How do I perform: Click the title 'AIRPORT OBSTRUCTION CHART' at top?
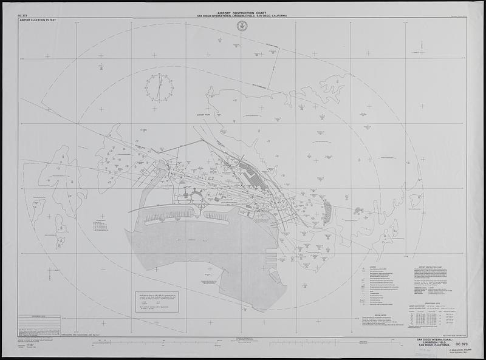click(x=242, y=12)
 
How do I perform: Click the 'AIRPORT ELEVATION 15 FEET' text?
click(x=37, y=20)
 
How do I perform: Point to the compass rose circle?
click(x=159, y=87)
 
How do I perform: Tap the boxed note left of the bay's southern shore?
click(x=157, y=302)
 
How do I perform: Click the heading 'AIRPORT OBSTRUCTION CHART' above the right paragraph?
click(x=435, y=267)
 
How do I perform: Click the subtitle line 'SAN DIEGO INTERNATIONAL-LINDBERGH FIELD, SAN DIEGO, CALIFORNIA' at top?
click(x=242, y=16)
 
